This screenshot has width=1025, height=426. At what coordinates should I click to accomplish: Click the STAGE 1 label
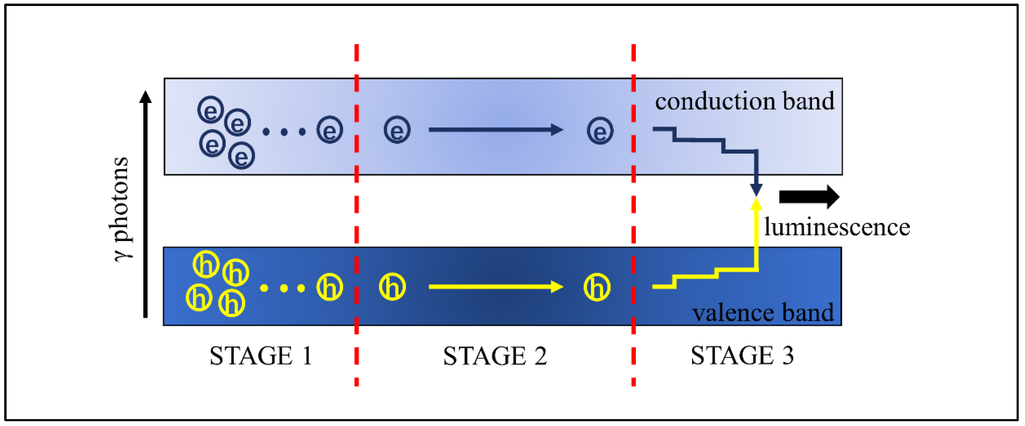click(261, 356)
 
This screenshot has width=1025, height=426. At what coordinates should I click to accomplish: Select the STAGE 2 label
click(495, 356)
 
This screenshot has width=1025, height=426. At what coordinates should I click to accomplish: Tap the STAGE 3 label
click(742, 355)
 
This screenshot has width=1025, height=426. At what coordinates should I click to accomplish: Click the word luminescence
click(837, 228)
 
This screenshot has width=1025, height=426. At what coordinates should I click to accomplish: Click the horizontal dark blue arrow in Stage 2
click(495, 130)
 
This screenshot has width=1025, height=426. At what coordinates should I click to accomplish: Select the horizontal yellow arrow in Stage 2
click(495, 287)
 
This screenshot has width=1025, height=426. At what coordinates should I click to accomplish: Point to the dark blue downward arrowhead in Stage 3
click(756, 189)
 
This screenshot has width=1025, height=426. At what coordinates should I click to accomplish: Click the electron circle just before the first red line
click(330, 130)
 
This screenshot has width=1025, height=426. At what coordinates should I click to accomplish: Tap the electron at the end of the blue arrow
click(600, 131)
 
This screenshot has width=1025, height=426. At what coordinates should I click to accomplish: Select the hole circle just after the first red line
click(392, 287)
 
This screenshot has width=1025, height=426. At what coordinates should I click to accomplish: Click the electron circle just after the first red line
click(397, 130)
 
